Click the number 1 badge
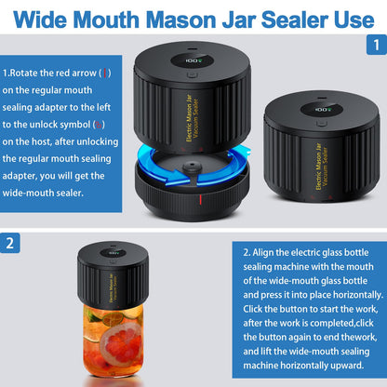373,44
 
